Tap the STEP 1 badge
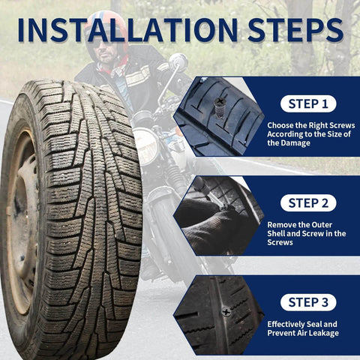click(x=307, y=104)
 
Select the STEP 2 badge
click(x=307, y=202)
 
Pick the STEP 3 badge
click(x=307, y=302)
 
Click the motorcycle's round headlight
click(x=145, y=145)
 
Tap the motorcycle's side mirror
click(x=178, y=61)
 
